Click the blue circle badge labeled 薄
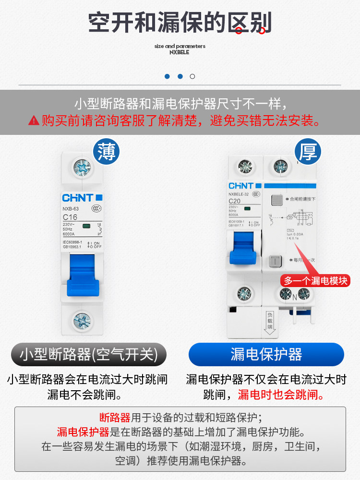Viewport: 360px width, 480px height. click(106, 152)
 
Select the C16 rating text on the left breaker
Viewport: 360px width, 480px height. click(70, 217)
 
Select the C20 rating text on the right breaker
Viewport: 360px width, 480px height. click(235, 201)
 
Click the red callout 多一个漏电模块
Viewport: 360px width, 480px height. click(315, 281)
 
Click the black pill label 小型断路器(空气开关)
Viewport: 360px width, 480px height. click(89, 355)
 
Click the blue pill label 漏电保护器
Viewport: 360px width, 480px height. click(266, 355)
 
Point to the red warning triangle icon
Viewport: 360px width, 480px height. click(33, 120)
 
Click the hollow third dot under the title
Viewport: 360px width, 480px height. click(192, 76)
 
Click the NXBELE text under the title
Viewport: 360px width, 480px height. click(180, 52)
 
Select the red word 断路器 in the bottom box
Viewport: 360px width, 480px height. click(115, 417)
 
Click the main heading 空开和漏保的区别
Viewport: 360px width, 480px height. click(180, 22)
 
